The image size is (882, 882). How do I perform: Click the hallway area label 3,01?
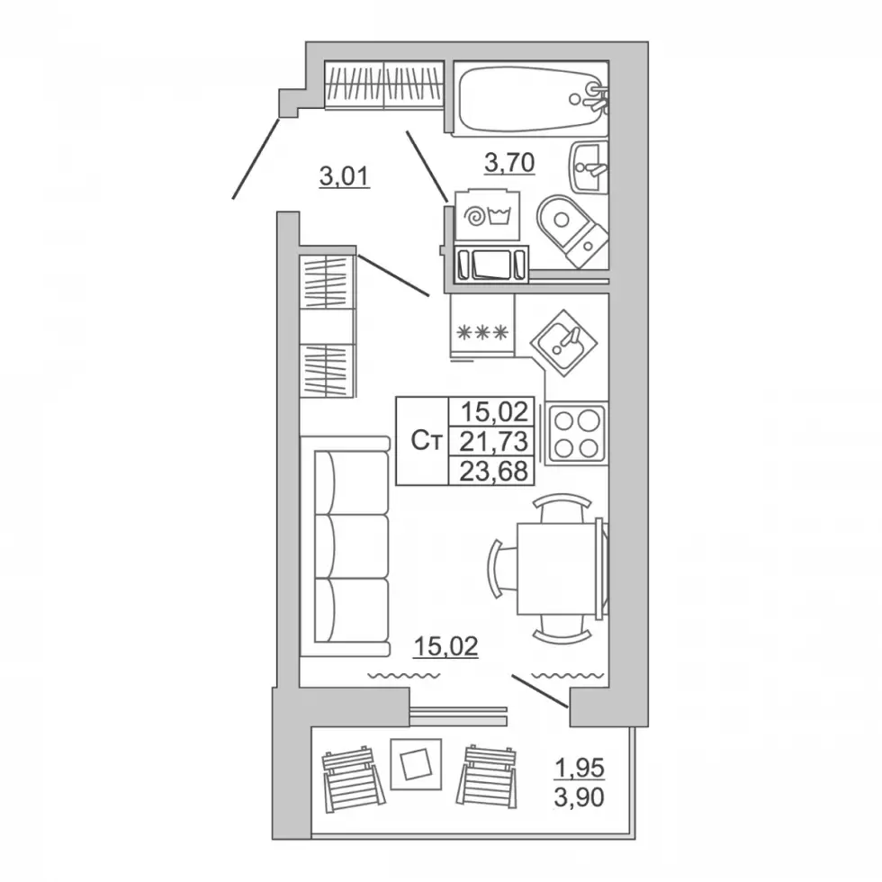click(x=344, y=176)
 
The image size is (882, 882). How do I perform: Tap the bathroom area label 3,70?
click(x=509, y=163)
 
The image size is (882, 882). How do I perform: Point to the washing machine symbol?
click(x=488, y=215)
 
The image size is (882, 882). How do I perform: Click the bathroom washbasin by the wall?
click(x=589, y=167)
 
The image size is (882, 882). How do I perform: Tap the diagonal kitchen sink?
click(x=563, y=342)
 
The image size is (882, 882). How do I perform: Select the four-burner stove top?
click(x=576, y=433)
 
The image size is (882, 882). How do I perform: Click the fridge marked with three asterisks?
click(x=482, y=325)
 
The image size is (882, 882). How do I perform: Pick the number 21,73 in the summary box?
click(x=493, y=442)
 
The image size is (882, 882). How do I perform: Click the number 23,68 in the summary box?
click(x=493, y=471)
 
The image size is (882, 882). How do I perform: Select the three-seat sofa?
click(x=345, y=545)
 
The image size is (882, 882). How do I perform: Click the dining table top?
click(x=556, y=568)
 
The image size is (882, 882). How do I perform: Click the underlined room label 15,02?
click(x=446, y=647)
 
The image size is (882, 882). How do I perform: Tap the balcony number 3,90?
click(x=580, y=797)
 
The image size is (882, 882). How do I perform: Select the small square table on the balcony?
click(x=416, y=764)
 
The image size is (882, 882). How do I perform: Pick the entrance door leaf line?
click(x=256, y=158)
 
